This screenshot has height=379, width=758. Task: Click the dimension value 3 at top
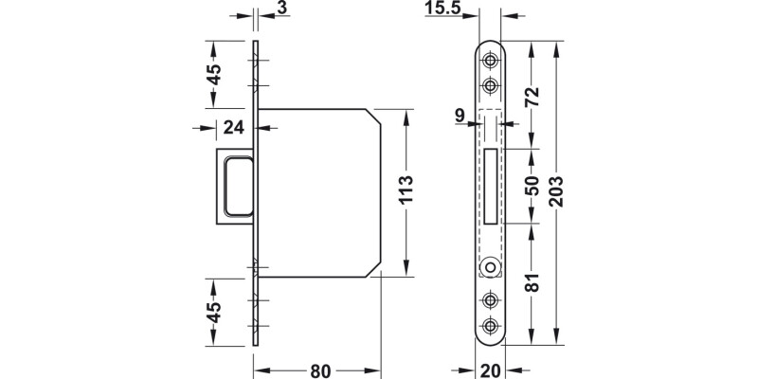(283, 10)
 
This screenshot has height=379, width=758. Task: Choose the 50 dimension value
(532, 186)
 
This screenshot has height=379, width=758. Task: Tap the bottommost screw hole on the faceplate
(491, 326)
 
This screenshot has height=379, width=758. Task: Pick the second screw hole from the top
(491, 85)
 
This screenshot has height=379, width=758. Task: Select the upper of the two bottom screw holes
(491, 300)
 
